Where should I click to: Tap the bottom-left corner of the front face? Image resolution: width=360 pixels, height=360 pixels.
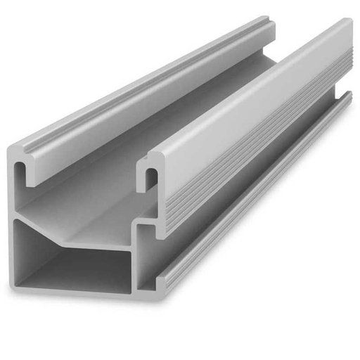[x=15, y=285]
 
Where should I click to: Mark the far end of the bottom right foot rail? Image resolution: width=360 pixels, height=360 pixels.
[x=348, y=96]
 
